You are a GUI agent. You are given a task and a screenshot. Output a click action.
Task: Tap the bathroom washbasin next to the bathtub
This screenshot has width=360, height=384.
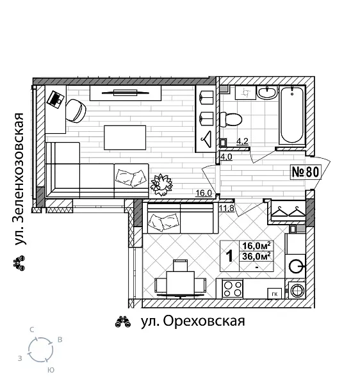266,94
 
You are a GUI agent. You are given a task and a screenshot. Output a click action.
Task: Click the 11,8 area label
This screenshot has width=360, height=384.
226,207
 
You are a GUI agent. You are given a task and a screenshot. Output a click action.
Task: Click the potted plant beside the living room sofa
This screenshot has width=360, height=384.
161,184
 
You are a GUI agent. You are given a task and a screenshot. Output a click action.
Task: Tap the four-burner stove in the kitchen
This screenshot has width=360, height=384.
231,289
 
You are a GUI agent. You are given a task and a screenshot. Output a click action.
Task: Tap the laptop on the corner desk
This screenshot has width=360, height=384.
56,99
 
